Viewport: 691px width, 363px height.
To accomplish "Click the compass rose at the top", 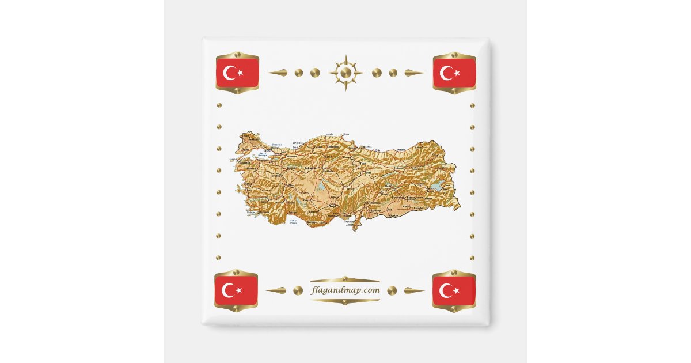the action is [x=345, y=73].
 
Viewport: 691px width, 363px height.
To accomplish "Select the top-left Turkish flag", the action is [x=237, y=73].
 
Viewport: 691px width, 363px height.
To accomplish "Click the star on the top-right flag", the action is [x=458, y=73].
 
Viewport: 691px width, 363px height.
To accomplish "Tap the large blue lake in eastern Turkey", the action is [x=438, y=186].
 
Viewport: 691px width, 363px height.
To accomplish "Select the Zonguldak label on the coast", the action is [x=297, y=142].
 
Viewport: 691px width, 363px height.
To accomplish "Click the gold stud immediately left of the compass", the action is [x=315, y=73].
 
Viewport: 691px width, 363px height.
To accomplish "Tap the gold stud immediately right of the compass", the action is [x=376, y=73].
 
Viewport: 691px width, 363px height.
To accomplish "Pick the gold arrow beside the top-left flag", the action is [x=276, y=73].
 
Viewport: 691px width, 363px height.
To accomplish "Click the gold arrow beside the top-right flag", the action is [x=415, y=73].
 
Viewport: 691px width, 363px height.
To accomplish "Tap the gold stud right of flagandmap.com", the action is [x=392, y=290].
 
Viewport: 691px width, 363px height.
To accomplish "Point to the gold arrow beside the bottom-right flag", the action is [x=415, y=290].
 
